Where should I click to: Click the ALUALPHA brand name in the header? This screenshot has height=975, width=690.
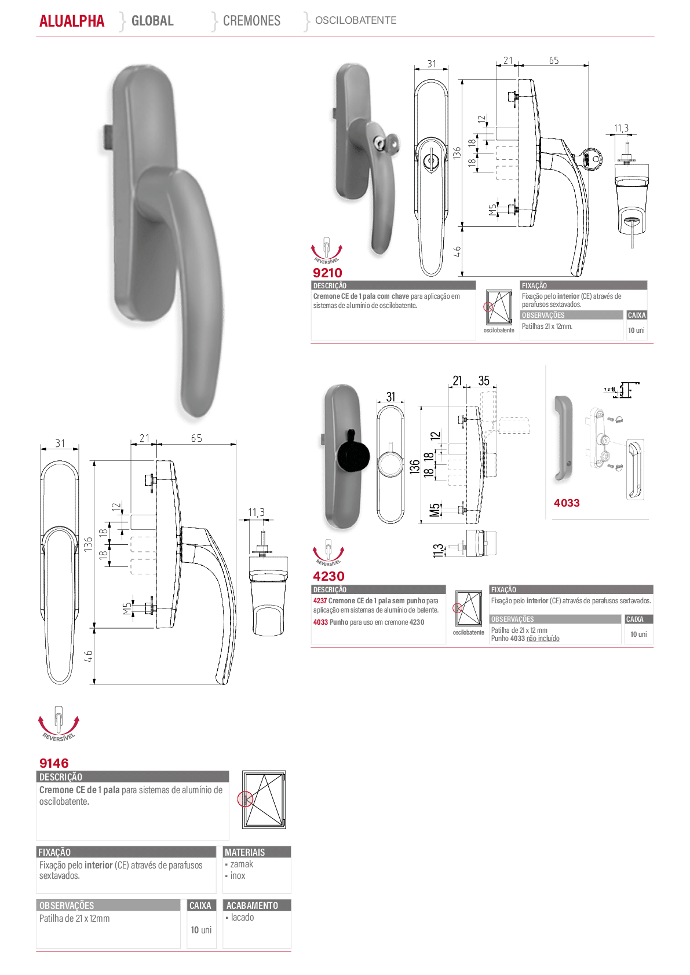(x=72, y=21)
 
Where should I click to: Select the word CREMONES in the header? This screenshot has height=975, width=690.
(x=251, y=20)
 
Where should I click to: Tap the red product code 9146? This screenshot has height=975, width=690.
(x=54, y=763)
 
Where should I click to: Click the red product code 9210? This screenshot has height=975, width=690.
(x=327, y=273)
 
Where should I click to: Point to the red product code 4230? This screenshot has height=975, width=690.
(x=328, y=576)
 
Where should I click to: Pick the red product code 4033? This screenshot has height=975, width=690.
(x=567, y=503)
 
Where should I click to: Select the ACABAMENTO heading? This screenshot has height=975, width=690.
(x=252, y=906)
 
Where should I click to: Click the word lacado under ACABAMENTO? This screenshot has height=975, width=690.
(x=243, y=917)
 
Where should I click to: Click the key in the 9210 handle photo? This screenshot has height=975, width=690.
(x=387, y=142)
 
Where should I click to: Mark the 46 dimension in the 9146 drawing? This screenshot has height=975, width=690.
(x=89, y=656)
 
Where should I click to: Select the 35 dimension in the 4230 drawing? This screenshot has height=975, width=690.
(x=484, y=381)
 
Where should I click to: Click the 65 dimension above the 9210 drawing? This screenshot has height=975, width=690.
(x=554, y=60)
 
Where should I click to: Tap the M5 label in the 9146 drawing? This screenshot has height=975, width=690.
(x=127, y=609)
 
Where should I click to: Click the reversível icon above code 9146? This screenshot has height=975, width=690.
(x=59, y=723)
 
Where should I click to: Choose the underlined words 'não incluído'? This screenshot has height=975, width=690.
(x=543, y=639)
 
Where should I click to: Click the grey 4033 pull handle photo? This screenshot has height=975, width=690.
(x=563, y=439)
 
